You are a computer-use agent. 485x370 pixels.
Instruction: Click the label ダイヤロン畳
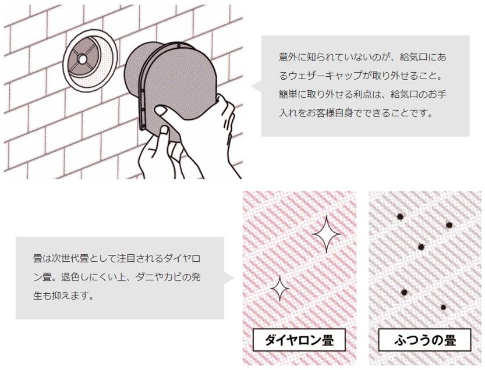click(299, 340)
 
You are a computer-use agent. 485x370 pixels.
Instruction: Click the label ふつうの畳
click(424, 340)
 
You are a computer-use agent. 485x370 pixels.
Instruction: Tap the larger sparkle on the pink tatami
click(327, 234)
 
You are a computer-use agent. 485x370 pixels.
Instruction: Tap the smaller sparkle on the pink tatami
click(279, 288)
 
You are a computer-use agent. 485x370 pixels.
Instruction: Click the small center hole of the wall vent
click(82, 59)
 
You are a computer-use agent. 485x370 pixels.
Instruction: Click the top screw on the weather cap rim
click(179, 46)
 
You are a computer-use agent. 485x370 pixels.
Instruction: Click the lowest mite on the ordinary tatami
click(443, 307)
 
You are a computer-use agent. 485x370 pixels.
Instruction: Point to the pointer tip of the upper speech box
click(251, 86)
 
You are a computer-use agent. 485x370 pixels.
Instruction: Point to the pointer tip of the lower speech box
click(235, 278)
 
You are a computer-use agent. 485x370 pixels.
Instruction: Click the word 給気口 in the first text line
click(413, 57)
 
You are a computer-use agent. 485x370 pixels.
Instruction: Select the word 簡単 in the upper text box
click(288, 94)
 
